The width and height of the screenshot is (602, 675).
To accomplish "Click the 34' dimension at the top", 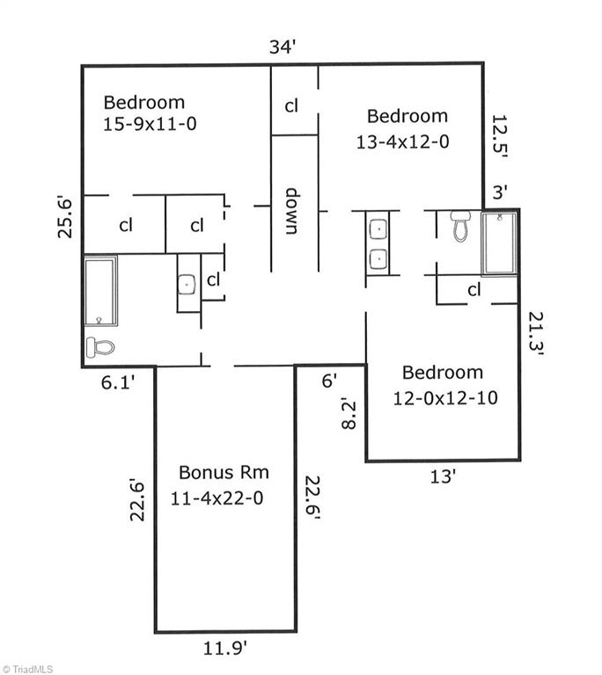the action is click(282, 47).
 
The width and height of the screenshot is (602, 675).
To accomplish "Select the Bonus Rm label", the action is click(224, 472).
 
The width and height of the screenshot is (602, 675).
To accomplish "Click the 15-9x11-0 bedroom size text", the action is click(150, 124).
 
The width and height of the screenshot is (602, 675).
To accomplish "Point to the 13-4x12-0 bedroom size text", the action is click(402, 142).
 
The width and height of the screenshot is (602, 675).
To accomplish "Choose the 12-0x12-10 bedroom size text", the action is click(445, 398).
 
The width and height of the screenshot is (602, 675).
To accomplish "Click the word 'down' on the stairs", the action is click(292, 211).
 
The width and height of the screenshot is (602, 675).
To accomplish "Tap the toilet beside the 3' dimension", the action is click(460, 226).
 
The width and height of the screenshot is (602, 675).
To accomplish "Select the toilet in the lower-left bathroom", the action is click(100, 347).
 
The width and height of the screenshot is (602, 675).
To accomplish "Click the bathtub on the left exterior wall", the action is click(100, 291).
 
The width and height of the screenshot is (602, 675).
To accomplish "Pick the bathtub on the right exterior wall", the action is click(499, 243).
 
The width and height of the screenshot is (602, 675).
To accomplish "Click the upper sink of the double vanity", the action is click(378, 229).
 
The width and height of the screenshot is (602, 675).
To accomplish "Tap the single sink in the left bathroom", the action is click(187, 285).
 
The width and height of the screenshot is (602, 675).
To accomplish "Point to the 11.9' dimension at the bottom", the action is click(225, 649).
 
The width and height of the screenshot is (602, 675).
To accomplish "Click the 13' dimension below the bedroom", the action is click(443, 476).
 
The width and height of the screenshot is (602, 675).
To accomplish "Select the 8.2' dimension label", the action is click(349, 415).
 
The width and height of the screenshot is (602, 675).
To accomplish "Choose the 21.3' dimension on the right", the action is click(537, 334).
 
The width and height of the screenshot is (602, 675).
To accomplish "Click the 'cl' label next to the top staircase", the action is click(291, 105).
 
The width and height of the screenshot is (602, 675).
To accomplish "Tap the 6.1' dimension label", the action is click(118, 381).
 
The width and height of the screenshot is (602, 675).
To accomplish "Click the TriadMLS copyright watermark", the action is click(27, 669).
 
